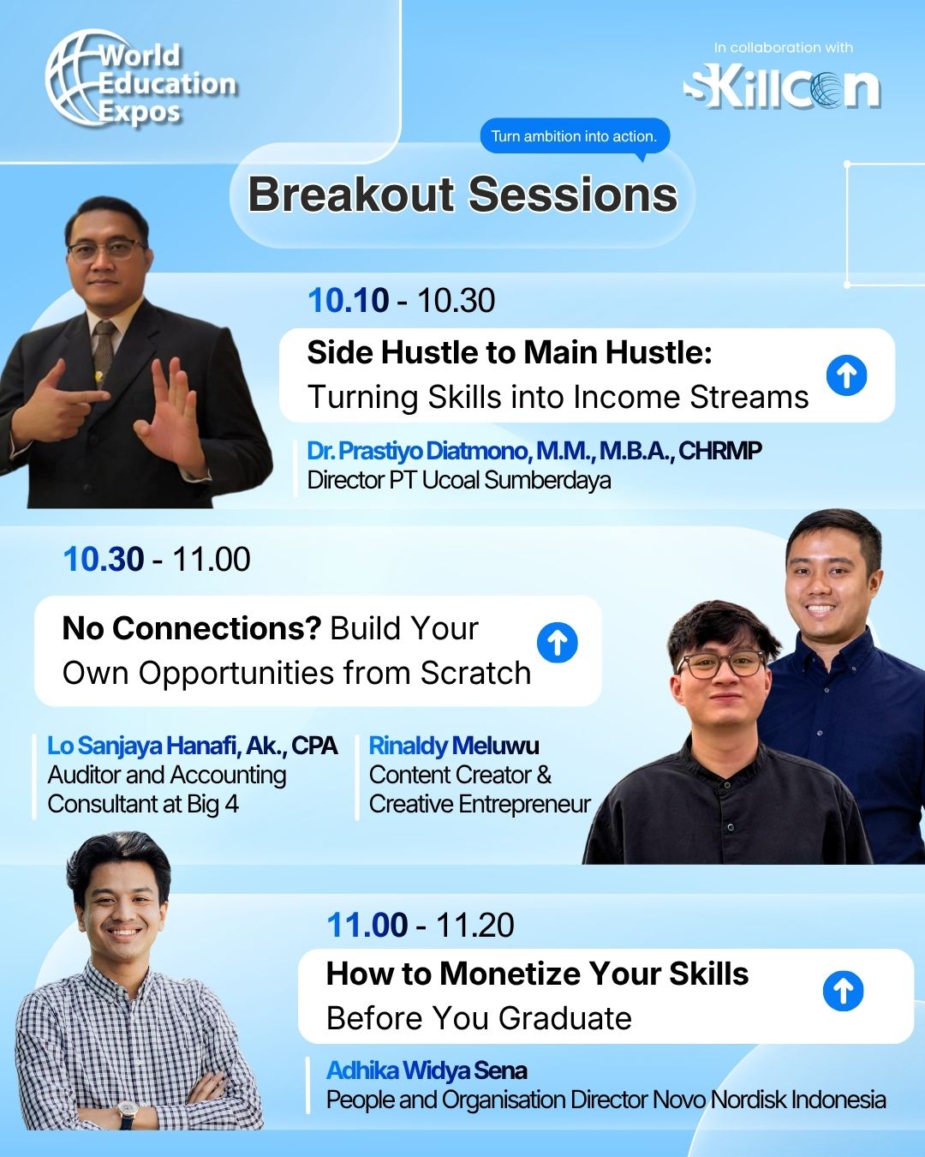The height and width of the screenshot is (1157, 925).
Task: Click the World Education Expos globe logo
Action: point(140,80)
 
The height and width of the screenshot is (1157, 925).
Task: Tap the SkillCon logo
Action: point(782,89)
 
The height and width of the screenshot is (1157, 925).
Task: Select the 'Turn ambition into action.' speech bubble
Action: point(575,137)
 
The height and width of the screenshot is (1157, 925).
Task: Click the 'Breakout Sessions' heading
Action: point(462,195)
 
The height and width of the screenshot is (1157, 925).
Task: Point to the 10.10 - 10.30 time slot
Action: point(402,300)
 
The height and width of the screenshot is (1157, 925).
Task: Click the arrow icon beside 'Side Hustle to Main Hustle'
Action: point(846,375)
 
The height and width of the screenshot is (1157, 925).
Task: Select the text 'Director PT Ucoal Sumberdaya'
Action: point(458,481)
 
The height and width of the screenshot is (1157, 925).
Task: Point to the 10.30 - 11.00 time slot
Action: point(157,559)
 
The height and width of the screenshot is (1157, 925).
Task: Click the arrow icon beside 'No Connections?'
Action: point(558,643)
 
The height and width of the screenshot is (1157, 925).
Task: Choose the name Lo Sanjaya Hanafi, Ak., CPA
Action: point(193,746)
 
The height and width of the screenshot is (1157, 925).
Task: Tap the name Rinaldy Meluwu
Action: point(454,746)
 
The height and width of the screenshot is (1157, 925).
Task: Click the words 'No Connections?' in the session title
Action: point(192,628)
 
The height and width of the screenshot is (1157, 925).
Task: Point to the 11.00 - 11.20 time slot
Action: point(421,925)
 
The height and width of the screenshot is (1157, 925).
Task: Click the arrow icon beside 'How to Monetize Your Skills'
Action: point(843,991)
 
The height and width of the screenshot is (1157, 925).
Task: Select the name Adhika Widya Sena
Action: point(427,1070)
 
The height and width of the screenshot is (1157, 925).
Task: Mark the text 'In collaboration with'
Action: point(783,48)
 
